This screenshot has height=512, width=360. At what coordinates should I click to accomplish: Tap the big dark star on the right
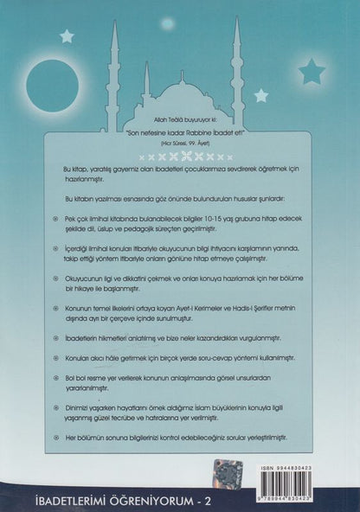tap(311, 70)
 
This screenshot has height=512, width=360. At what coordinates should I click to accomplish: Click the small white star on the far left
tap(67, 35)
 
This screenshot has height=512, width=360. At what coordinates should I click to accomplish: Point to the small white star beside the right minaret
tap(260, 95)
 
